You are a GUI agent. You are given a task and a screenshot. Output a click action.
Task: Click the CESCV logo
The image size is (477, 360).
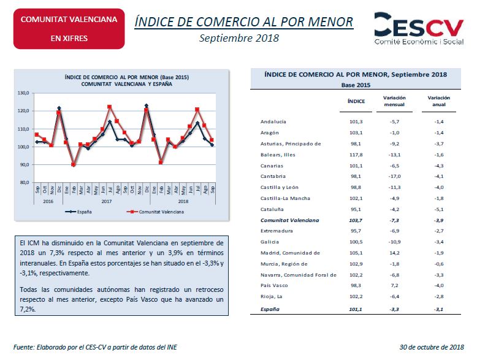pos(419,28)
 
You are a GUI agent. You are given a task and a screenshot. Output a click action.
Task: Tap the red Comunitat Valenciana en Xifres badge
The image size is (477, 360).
pos(69,29)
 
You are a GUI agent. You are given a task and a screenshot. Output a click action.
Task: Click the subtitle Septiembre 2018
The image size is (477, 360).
pos(239,38)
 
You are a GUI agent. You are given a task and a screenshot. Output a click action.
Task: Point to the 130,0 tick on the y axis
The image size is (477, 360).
pos(23,93)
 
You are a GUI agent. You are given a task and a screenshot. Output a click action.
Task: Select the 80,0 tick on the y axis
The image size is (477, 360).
pos(24,183)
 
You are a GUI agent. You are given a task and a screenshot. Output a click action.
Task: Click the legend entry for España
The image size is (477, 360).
pos(78,212)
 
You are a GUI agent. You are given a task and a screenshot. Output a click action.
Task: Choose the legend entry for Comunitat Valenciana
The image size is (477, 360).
pos(155,212)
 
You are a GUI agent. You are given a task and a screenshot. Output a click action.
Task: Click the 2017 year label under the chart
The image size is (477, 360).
pos(107,201)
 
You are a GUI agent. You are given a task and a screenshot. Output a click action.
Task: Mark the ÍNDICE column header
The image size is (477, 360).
pos(356,101)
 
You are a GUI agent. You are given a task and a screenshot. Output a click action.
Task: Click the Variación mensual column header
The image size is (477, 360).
pos(394,101)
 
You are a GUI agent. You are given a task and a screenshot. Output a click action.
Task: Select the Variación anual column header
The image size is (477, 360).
pos(438,101)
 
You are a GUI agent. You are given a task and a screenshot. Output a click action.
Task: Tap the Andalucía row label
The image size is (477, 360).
pos(273,121)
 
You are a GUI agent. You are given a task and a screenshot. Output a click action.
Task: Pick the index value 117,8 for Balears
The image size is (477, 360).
pos(356,155)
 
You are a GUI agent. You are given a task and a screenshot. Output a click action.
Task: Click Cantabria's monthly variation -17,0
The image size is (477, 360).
pos(394,176)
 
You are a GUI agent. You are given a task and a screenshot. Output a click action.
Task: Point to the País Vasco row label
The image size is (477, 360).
pos(274,285)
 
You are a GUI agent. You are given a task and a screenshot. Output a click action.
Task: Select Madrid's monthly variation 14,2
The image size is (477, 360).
pos(394,253)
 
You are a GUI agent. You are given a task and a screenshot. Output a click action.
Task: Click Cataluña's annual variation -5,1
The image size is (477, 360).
pos(439,209)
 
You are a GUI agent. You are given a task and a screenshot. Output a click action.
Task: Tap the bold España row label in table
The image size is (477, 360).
pos(270,309)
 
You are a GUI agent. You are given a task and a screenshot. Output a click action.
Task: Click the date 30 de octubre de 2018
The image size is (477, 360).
pos(432,347)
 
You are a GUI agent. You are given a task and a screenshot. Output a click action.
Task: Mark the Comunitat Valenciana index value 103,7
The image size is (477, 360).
pos(356,220)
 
